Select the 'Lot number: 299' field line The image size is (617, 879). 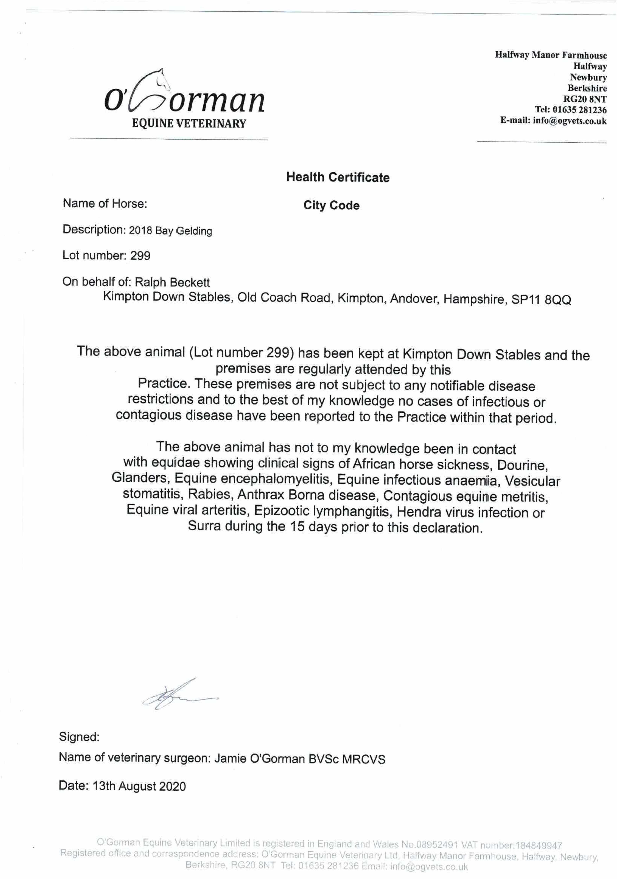106,256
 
